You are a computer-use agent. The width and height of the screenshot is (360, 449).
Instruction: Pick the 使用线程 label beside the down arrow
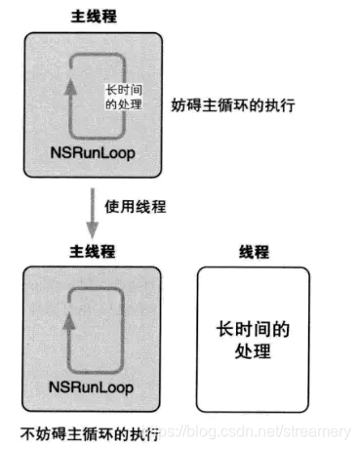pyautogui.click(x=132, y=207)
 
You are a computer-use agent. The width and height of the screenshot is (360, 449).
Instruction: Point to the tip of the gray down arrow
pyautogui.click(x=91, y=234)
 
